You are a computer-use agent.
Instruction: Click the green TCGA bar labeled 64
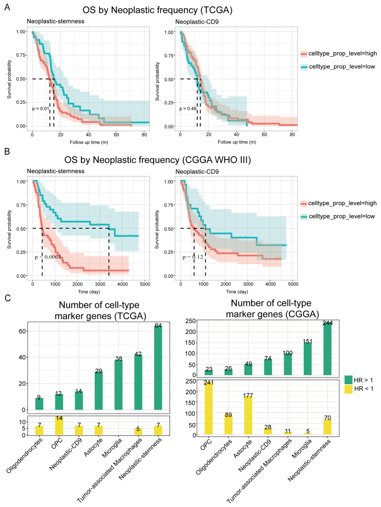[x=158, y=368]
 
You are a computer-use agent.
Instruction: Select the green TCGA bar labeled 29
[x=99, y=390]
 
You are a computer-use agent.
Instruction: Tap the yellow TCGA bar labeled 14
[x=59, y=426]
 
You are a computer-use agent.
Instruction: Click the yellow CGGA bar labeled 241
[x=208, y=408]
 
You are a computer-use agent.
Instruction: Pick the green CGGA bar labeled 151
[x=308, y=359]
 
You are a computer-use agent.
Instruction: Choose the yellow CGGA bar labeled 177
[x=248, y=415]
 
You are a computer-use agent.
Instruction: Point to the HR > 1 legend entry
[x=358, y=380]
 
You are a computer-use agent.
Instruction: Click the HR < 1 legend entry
[x=358, y=389]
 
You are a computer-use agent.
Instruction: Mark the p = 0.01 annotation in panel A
[x=40, y=108]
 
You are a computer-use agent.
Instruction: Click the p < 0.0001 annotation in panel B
[x=48, y=257]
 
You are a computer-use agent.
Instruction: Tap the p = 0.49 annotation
[x=188, y=108]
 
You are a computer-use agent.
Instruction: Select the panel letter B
[x=7, y=151]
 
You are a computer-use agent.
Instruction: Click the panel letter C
[x=8, y=298]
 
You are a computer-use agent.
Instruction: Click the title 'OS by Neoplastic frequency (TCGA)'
[x=157, y=10]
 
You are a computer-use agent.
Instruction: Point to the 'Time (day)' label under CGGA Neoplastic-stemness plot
[x=89, y=292]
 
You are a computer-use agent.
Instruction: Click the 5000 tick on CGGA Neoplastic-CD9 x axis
[x=293, y=284]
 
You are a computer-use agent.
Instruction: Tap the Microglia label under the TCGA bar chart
[x=112, y=448]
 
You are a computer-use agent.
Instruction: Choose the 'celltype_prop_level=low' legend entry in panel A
[x=338, y=67]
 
